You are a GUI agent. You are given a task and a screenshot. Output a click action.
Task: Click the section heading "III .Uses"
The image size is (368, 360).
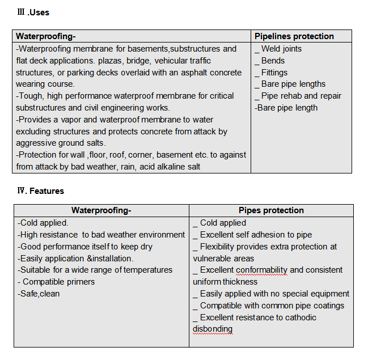33,12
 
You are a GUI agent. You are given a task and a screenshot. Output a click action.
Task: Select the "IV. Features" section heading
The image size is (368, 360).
40,191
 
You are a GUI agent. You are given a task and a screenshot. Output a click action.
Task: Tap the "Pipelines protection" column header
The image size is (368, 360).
294,36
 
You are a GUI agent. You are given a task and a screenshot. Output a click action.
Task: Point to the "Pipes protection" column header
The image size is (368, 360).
271,210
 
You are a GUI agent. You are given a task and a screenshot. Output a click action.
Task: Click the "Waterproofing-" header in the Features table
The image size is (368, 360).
101,210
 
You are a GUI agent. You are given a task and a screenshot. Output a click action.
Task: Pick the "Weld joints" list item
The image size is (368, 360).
281,49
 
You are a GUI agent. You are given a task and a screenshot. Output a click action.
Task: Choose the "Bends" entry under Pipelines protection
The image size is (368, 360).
273,61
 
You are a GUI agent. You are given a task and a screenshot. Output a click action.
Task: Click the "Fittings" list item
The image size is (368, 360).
274,73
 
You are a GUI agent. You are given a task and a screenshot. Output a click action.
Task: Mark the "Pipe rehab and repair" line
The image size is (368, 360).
301,96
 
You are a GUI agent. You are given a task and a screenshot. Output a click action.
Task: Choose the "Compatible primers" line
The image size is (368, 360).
58,282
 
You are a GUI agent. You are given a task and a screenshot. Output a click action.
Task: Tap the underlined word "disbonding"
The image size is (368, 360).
213,329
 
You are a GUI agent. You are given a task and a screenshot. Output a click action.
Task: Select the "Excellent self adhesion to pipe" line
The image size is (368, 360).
255,235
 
